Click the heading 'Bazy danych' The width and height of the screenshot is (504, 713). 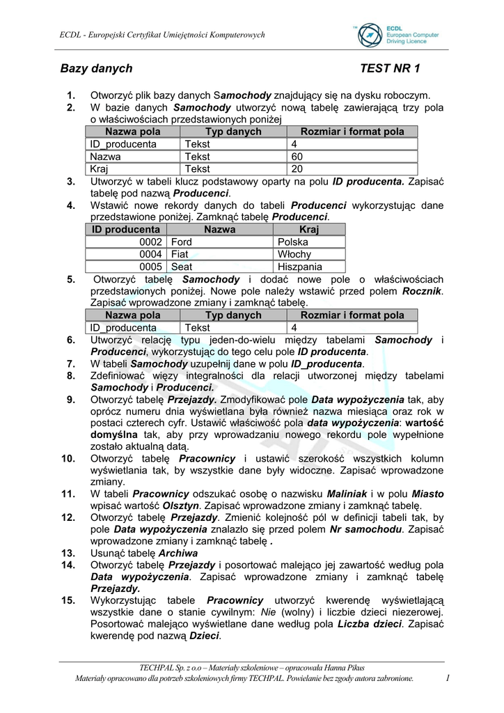coord(96,68)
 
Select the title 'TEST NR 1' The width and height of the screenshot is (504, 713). coord(391,68)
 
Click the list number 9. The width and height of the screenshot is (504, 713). coord(71,400)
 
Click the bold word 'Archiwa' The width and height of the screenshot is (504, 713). coord(178,554)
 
